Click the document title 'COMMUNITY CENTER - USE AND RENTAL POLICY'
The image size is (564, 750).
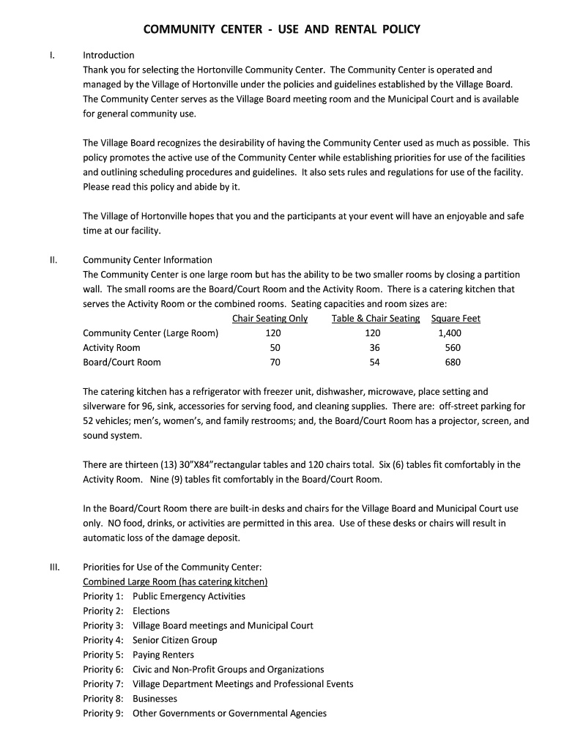tap(281, 29)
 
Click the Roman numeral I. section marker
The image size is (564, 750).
tap(51, 55)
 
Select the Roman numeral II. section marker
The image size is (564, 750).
tap(52, 260)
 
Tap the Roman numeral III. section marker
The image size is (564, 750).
tap(53, 567)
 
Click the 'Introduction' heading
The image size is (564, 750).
tap(108, 55)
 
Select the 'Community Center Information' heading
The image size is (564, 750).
tap(147, 260)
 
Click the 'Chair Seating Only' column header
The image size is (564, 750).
tap(270, 319)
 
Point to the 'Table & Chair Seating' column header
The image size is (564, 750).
tap(376, 319)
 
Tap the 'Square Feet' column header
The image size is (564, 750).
tap(456, 319)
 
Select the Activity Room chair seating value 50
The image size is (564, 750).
tap(275, 348)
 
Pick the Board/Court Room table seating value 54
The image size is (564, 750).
tap(374, 363)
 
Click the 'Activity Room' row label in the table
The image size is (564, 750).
tap(111, 348)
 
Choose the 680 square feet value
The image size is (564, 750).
tap(453, 363)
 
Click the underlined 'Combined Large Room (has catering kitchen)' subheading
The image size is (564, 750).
tap(175, 582)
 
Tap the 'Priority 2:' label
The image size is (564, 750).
tap(103, 611)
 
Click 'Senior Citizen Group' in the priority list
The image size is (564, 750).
tap(174, 640)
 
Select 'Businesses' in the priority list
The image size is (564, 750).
tap(155, 699)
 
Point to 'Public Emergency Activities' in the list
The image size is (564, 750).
tap(189, 596)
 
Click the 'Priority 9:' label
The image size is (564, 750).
tap(103, 713)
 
